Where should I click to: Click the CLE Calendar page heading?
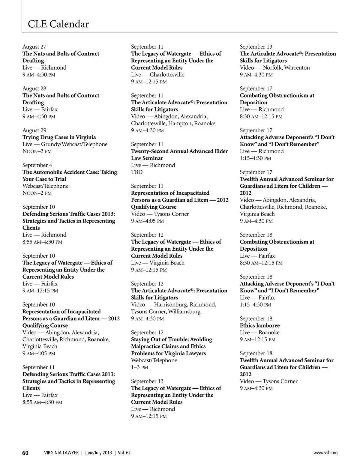(x=58, y=24)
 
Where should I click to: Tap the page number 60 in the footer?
(x=25, y=453)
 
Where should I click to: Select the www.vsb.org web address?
(x=325, y=453)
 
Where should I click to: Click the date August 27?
(x=34, y=46)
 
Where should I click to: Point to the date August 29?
(x=34, y=130)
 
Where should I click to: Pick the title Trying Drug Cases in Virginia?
(x=59, y=137)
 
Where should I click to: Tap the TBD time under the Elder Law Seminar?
(x=137, y=172)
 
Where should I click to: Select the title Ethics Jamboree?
(x=259, y=325)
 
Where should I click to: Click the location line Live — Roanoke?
(x=259, y=333)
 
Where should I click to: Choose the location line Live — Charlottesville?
(x=157, y=75)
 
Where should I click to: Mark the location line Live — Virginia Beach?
(x=157, y=263)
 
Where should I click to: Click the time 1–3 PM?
(x=139, y=367)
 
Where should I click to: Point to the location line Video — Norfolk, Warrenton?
(x=274, y=68)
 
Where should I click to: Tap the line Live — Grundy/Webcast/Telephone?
(x=65, y=144)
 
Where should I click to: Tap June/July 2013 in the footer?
(x=98, y=453)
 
